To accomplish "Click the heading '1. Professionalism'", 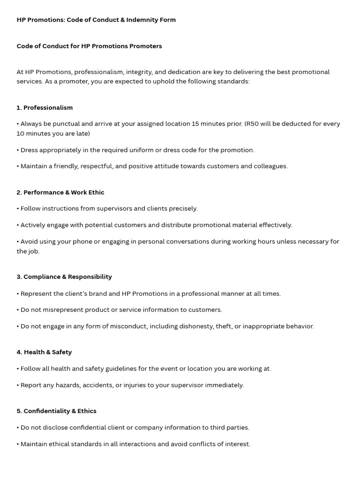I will point(45,107).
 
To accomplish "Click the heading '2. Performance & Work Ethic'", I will point(60,192).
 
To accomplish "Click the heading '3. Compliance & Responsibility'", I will point(64,277).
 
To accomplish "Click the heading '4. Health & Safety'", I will point(44,352).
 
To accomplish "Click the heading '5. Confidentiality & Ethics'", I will point(56,411).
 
